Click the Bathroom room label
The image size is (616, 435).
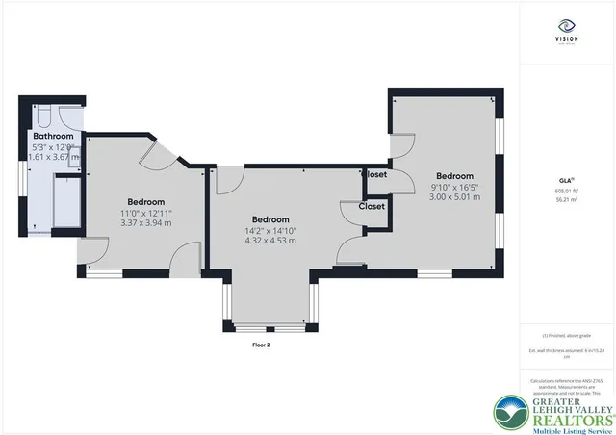point(52,137)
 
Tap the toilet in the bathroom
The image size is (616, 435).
point(42,115)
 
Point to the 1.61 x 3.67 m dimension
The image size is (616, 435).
point(52,156)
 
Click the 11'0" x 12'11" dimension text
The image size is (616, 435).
point(146,212)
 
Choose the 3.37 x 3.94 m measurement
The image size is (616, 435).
point(146,221)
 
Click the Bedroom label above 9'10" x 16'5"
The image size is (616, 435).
point(454,176)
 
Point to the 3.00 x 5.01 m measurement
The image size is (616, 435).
point(454,197)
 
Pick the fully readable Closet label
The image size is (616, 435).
point(372,206)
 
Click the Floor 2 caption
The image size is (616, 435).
point(261,345)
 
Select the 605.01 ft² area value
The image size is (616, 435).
point(566,191)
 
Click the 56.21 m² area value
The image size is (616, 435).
point(566,200)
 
